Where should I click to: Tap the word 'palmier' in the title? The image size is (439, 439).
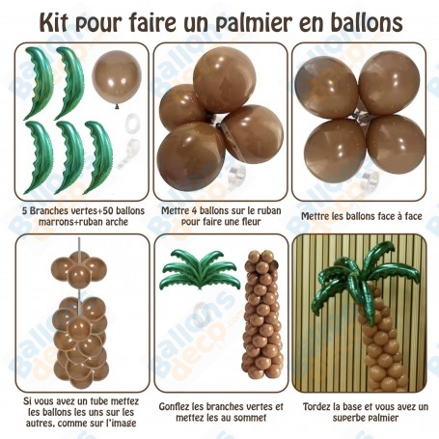254,23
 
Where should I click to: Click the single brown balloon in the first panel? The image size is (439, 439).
117,78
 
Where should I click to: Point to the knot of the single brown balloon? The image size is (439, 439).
117,106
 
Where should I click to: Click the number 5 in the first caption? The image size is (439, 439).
24,211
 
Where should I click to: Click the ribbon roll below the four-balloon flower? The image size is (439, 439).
237,177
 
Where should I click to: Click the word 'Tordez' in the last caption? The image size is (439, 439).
316,407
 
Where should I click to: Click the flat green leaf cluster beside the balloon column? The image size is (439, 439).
200,269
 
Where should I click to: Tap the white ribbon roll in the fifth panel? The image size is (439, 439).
203,315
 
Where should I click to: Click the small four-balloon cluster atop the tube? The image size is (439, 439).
79,269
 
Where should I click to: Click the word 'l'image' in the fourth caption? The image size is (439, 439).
122,423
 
